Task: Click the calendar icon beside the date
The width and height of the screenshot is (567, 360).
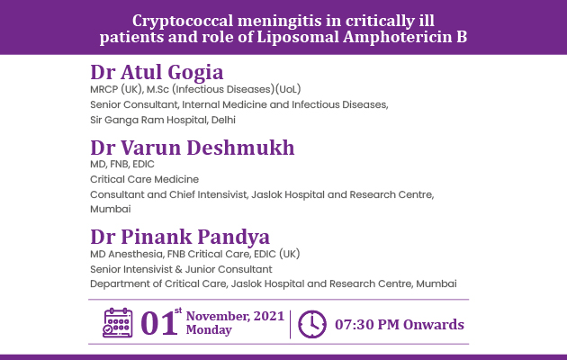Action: tap(118, 323)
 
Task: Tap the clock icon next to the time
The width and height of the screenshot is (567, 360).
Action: tap(312, 324)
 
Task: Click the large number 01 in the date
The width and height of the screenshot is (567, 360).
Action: tap(158, 323)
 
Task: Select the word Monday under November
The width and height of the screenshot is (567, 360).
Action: tap(209, 330)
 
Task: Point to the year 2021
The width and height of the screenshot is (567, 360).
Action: tap(269, 316)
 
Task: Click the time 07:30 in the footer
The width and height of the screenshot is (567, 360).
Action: tap(354, 325)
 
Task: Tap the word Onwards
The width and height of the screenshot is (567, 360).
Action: tap(434, 325)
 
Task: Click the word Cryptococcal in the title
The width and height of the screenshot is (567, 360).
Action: tap(183, 21)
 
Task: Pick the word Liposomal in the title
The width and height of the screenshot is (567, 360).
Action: tap(298, 37)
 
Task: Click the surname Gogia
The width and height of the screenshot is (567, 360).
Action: tap(195, 72)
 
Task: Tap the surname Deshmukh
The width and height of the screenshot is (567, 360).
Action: tap(240, 148)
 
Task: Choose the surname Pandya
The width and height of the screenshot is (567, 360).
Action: tap(234, 237)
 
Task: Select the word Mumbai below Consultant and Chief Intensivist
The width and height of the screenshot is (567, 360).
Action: tap(111, 209)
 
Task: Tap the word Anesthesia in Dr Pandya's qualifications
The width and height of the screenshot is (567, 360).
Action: tap(136, 254)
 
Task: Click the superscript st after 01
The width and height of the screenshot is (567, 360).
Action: tap(178, 310)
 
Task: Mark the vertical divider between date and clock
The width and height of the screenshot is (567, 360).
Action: tap(291, 324)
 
